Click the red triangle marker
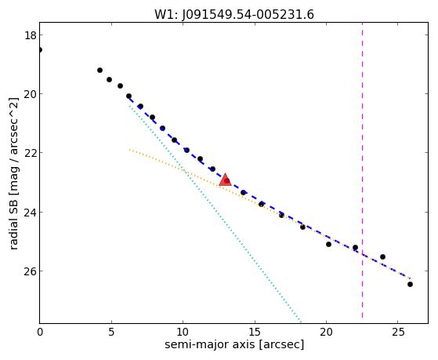225,180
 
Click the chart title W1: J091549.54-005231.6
234,15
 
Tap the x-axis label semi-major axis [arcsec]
234,344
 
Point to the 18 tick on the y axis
31,35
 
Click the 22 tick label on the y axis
31,153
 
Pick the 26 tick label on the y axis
31,271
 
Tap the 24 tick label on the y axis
31,212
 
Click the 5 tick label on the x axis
111,332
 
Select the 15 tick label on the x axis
255,332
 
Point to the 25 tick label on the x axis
398,332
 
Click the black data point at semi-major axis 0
40,49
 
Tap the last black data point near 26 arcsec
410,284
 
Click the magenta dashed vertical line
362,170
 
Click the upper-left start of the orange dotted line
129,150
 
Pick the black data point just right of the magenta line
382,256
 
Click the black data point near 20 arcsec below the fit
328,244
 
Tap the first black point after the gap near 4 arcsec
100,70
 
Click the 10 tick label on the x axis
183,332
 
